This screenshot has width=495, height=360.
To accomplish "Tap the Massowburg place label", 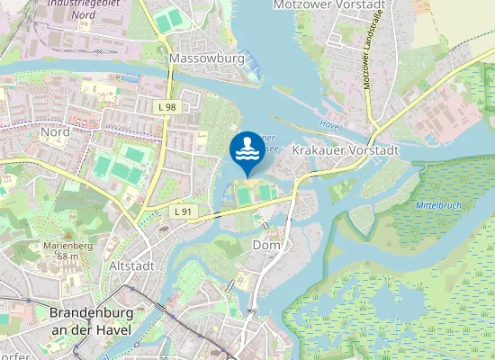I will coord(206,59).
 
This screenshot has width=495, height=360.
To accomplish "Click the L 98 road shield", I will coord(166,107).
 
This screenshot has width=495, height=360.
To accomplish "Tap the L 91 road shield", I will coord(183,211).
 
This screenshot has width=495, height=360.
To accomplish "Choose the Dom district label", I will coord(267,245).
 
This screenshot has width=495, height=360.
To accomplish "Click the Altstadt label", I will coord(131,266).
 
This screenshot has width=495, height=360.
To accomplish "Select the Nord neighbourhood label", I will coord(55,132).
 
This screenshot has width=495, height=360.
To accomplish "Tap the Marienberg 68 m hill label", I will coord(63,250).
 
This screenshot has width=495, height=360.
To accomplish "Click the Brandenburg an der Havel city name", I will coord(90,321).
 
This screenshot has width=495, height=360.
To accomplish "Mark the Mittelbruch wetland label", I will coord(438,205).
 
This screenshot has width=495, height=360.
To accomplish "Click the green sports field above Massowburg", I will coord(168,19).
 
